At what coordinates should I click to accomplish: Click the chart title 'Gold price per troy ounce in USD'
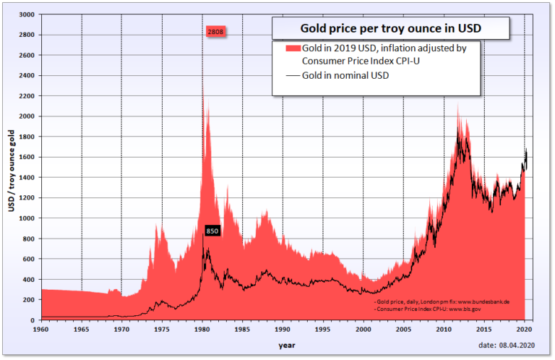coord(390,30)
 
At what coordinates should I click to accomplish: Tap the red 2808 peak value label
coord(215,33)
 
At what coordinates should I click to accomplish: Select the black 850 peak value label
coord(212,231)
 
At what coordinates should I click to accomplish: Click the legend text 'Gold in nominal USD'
coord(346,75)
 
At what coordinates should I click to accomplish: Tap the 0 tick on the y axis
coord(33,320)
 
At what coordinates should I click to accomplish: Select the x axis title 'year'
coord(287,345)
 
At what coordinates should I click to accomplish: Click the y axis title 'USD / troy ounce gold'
coord(11,171)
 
